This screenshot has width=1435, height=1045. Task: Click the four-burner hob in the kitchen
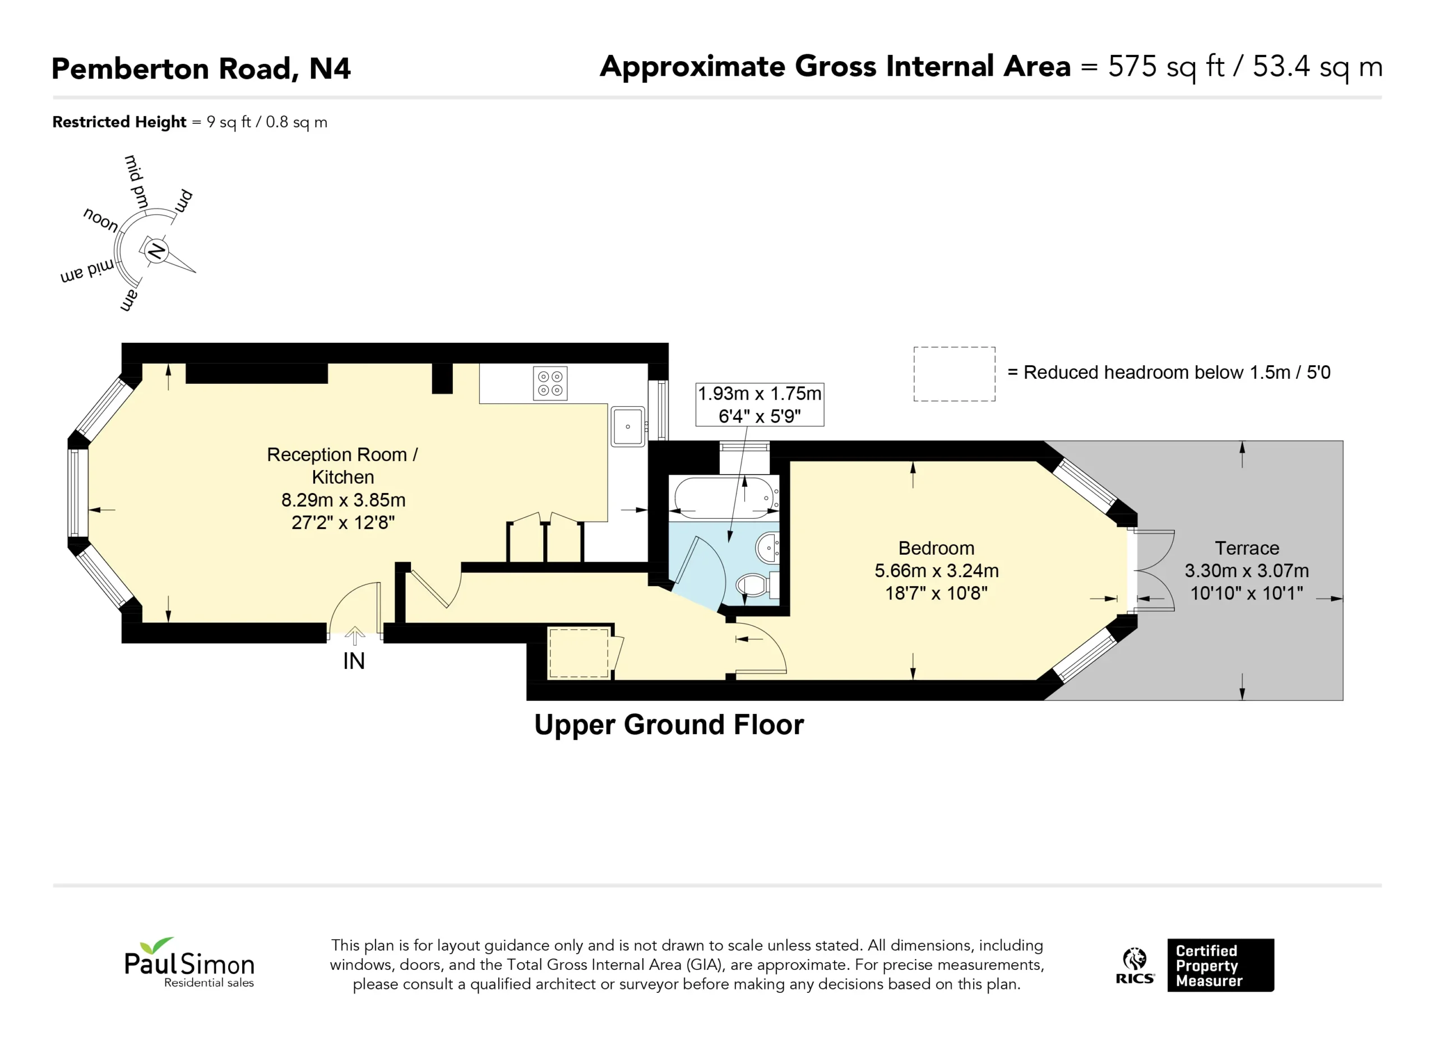pos(550,383)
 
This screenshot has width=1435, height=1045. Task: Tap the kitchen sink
pos(628,426)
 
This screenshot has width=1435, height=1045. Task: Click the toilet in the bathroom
pos(757,584)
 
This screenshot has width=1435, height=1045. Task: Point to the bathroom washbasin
pos(767,548)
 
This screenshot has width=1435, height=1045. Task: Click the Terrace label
pos(1247,548)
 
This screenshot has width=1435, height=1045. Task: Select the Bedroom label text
pos(937,548)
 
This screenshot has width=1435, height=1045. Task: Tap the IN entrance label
pos(354,662)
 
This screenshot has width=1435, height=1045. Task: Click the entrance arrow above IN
pos(355,636)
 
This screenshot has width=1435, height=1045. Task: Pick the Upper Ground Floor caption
pos(669,725)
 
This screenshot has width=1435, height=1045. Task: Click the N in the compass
pos(156,252)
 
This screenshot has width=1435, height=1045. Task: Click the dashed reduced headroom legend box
pos(954,374)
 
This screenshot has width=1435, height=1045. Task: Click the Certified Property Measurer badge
pos(1220,965)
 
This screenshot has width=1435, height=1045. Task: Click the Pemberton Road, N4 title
pos(201,69)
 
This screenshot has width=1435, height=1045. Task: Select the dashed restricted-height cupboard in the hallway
pos(578,653)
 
